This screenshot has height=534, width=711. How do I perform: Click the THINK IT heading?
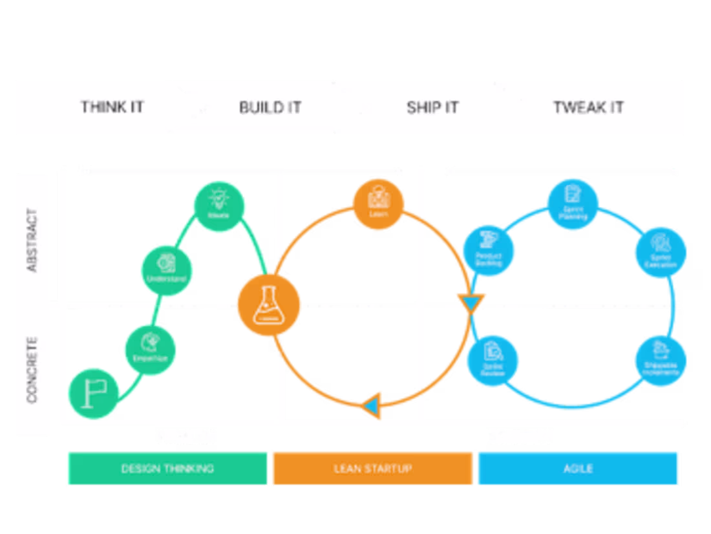point(112,107)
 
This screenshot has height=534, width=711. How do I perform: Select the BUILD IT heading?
point(270,107)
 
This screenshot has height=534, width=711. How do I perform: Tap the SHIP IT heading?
point(432,107)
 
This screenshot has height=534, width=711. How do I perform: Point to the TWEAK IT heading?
point(588,107)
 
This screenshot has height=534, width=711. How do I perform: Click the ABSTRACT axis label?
point(32,240)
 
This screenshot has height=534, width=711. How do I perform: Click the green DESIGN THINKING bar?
point(167,468)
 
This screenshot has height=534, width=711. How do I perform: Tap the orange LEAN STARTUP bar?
point(372,468)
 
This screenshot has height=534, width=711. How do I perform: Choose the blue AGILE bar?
point(578,468)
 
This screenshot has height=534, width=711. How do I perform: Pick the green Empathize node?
point(151,350)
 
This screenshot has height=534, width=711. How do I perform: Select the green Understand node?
point(167,270)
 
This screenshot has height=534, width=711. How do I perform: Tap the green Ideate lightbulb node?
point(218,206)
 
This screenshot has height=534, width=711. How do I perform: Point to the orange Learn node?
point(378,204)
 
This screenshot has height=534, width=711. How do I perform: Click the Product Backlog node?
point(489,251)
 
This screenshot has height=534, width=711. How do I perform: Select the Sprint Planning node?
point(573,204)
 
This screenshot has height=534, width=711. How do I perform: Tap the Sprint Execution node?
point(660,252)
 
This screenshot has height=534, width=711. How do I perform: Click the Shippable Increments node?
point(660,360)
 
